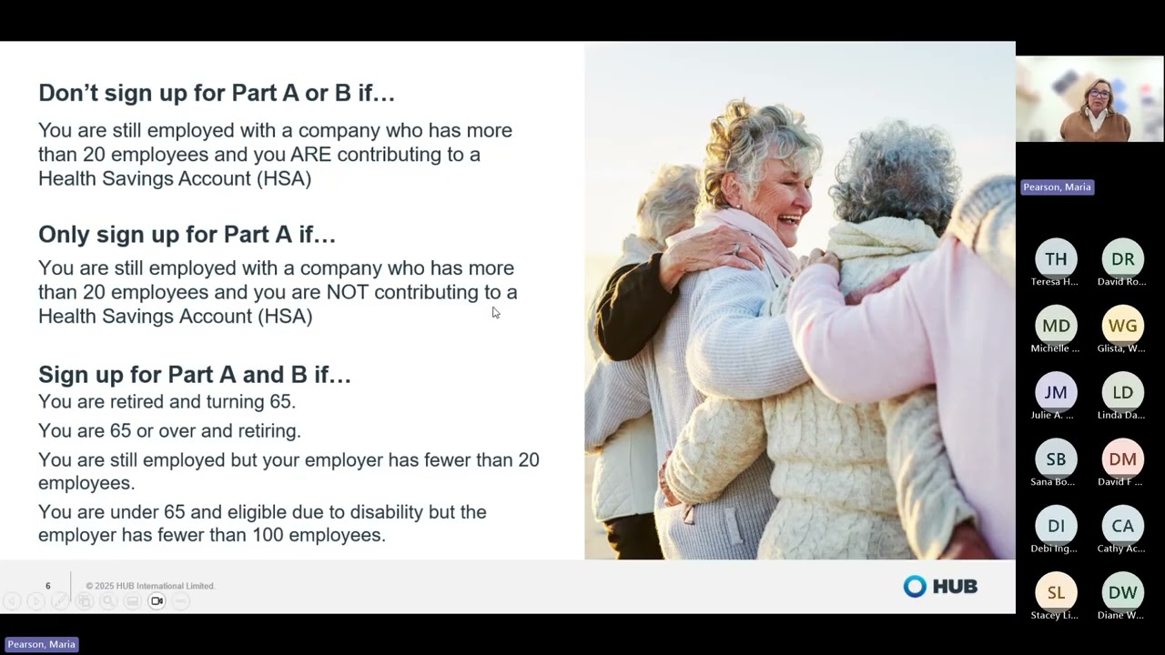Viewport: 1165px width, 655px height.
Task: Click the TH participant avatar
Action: pyautogui.click(x=1056, y=259)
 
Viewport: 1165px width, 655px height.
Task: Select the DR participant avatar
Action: pyautogui.click(x=1122, y=259)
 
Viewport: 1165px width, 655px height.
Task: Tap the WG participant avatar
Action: pyautogui.click(x=1122, y=326)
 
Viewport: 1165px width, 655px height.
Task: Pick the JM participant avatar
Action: pyautogui.click(x=1056, y=392)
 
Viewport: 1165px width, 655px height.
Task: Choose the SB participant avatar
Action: pyautogui.click(x=1056, y=459)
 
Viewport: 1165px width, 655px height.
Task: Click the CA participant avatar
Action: pyautogui.click(x=1122, y=526)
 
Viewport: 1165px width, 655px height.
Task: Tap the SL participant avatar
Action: pyautogui.click(x=1056, y=592)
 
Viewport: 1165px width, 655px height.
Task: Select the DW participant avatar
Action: pyautogui.click(x=1122, y=592)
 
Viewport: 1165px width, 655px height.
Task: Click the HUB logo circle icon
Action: pyautogui.click(x=914, y=587)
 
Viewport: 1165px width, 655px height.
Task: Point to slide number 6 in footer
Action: pyautogui.click(x=48, y=586)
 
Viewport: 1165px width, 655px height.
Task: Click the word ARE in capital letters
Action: pyautogui.click(x=310, y=155)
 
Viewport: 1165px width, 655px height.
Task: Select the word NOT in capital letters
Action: pyautogui.click(x=347, y=292)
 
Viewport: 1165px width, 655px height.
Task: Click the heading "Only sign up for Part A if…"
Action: pyautogui.click(x=187, y=235)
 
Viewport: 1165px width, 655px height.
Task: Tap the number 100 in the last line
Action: pyautogui.click(x=268, y=535)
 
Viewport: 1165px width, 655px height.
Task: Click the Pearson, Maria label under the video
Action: pyautogui.click(x=1056, y=187)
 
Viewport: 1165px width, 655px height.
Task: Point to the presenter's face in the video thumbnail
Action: pyautogui.click(x=1099, y=94)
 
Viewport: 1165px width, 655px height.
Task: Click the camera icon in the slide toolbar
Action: pyautogui.click(x=157, y=601)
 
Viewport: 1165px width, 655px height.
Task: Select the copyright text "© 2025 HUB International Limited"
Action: pyautogui.click(x=150, y=586)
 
